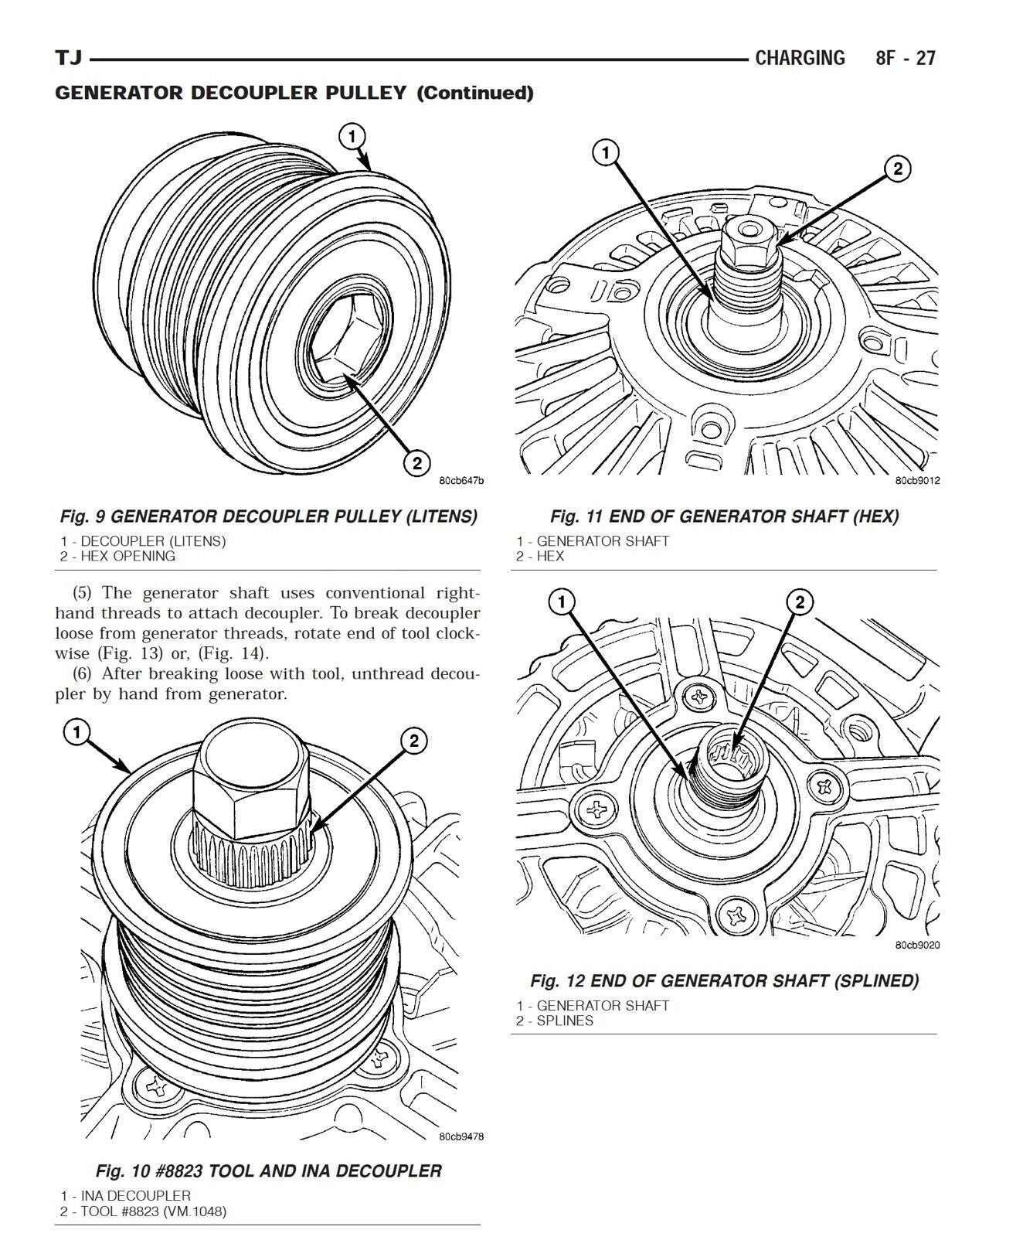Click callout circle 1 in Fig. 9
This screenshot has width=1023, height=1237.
click(352, 138)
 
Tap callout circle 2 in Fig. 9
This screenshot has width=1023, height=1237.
click(416, 463)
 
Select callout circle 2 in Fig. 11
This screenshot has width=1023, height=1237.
click(897, 168)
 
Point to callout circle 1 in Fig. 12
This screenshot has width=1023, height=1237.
click(562, 601)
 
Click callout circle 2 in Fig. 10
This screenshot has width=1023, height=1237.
click(413, 741)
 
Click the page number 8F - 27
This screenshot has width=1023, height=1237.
click(905, 58)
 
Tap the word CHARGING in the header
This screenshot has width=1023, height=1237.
click(800, 58)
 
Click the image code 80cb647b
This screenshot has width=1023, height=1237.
click(461, 481)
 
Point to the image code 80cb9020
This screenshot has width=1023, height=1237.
click(917, 945)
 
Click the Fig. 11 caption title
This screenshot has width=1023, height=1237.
click(724, 516)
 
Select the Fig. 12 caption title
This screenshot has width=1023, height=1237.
click(724, 981)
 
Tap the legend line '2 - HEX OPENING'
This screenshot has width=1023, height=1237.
click(118, 556)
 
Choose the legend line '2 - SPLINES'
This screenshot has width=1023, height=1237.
click(555, 1021)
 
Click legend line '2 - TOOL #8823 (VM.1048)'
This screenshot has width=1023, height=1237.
click(144, 1211)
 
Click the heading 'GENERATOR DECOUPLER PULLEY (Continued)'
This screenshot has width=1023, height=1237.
click(294, 94)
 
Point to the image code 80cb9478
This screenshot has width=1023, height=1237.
click(461, 1136)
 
